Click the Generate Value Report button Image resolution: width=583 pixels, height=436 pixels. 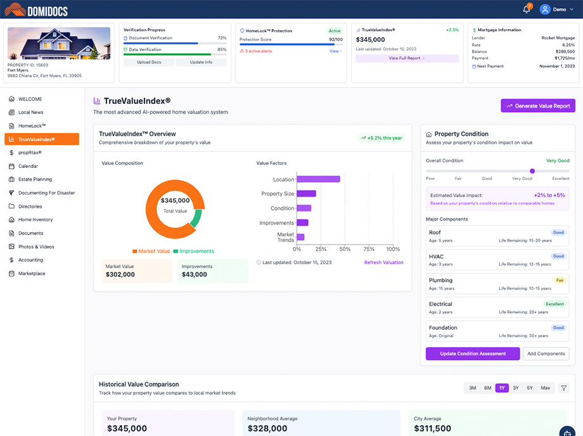pyautogui.click(x=538, y=106)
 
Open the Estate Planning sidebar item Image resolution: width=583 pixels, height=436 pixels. pyautogui.click(x=35, y=179)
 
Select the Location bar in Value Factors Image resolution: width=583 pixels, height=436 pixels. pyautogui.click(x=318, y=179)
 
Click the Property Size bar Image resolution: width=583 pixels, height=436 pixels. pyautogui.click(x=306, y=193)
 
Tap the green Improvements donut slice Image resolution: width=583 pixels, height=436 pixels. pyautogui.click(x=196, y=219)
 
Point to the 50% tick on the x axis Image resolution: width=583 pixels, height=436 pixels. pyautogui.click(x=345, y=249)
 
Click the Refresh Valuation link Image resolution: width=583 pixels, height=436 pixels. pyautogui.click(x=383, y=262)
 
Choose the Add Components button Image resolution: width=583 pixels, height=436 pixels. pyautogui.click(x=546, y=354)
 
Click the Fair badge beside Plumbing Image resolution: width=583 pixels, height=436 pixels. pyautogui.click(x=560, y=280)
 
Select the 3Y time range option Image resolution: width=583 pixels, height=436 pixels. pyautogui.click(x=516, y=388)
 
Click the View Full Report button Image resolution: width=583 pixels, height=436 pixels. pyautogui.click(x=407, y=58)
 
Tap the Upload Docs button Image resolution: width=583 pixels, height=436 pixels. pyautogui.click(x=149, y=62)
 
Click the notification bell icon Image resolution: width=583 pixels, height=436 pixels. pyautogui.click(x=526, y=10)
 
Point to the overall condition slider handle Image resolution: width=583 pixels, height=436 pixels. pyautogui.click(x=532, y=171)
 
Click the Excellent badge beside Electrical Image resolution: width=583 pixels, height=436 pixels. pyautogui.click(x=554, y=304)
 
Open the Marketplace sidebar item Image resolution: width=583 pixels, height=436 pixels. pyautogui.click(x=32, y=274)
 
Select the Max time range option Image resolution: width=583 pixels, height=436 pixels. pyautogui.click(x=545, y=388)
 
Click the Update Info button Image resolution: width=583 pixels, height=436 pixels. pyautogui.click(x=201, y=62)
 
